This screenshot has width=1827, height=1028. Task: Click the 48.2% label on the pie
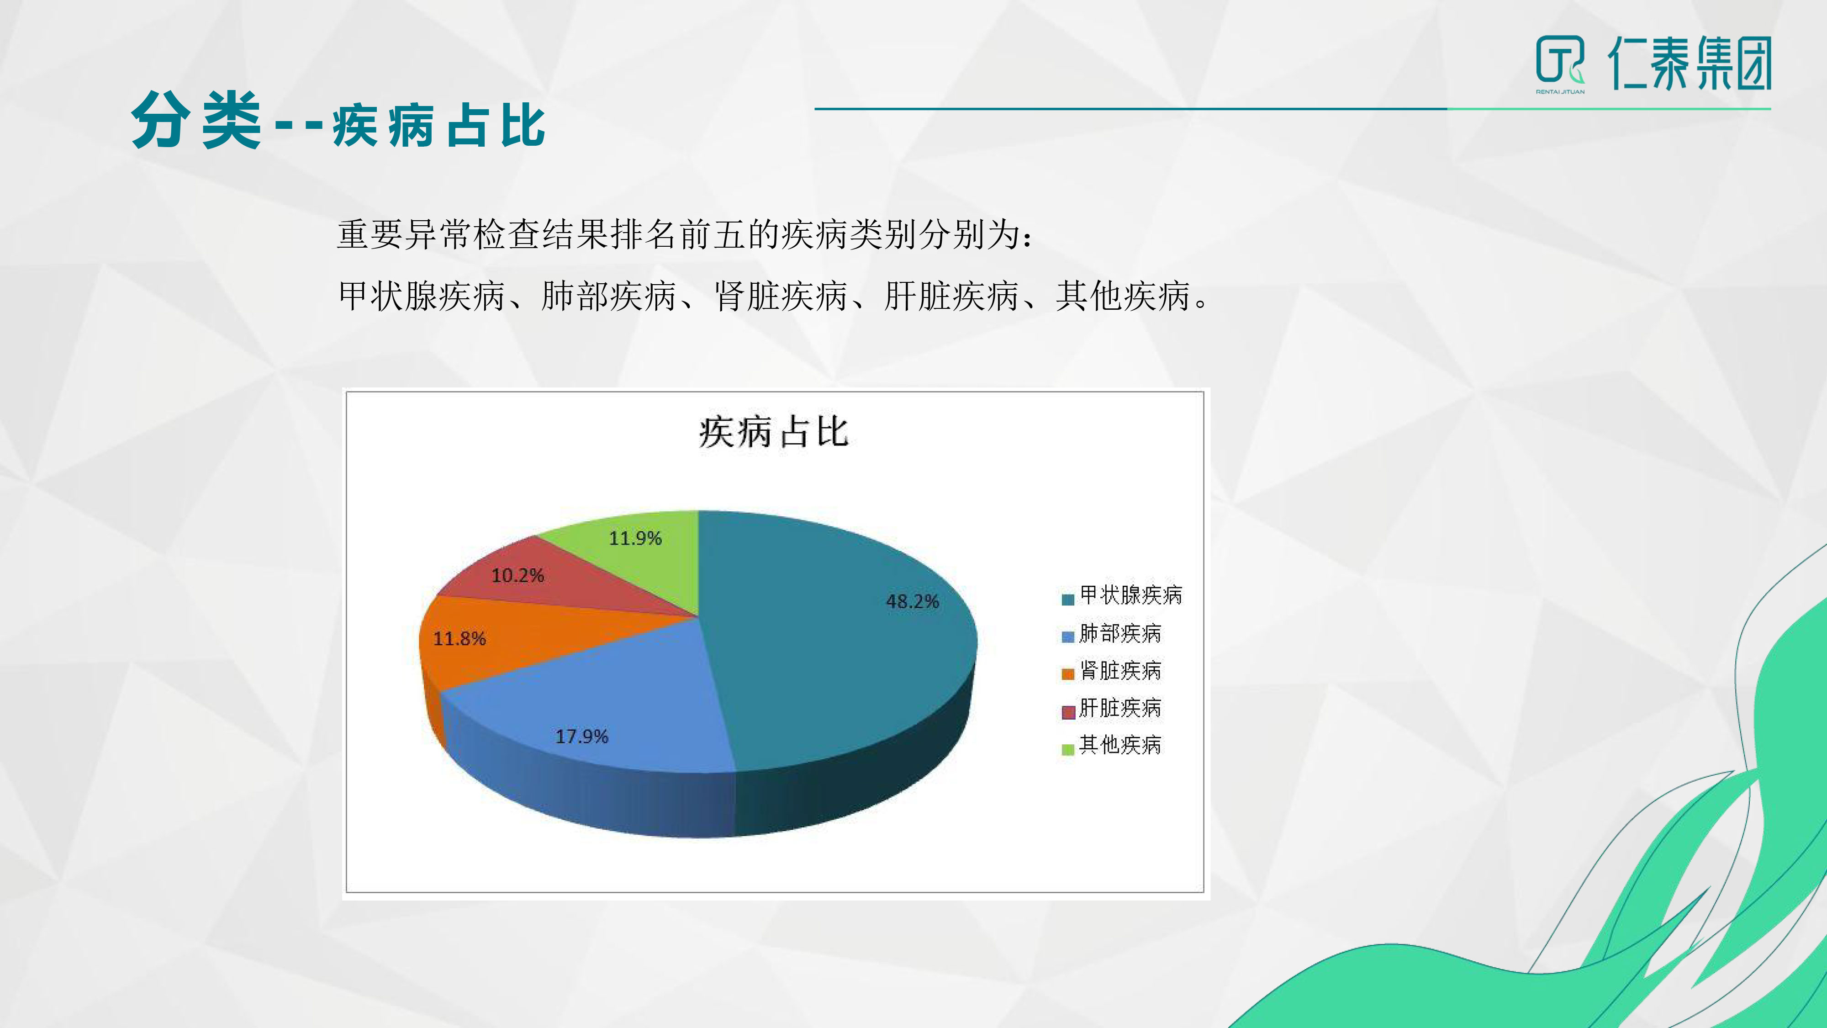pyautogui.click(x=912, y=602)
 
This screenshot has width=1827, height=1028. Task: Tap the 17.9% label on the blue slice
pyautogui.click(x=581, y=737)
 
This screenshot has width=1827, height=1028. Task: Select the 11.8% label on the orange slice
pyautogui.click(x=459, y=639)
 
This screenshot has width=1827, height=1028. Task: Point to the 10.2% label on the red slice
pyautogui.click(x=518, y=575)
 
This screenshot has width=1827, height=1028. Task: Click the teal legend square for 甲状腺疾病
pyautogui.click(x=1067, y=599)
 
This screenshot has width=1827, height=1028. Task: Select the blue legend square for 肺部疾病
pyautogui.click(x=1067, y=636)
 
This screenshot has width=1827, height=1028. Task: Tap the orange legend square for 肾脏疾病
pyautogui.click(x=1067, y=674)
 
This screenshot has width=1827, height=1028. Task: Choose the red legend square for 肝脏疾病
pyautogui.click(x=1067, y=711)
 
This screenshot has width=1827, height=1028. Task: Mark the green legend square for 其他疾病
pyautogui.click(x=1067, y=749)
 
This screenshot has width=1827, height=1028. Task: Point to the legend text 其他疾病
pyautogui.click(x=1120, y=744)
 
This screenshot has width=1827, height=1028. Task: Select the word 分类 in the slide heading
pyautogui.click(x=196, y=121)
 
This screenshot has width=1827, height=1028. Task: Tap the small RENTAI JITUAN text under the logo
pyautogui.click(x=1560, y=91)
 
